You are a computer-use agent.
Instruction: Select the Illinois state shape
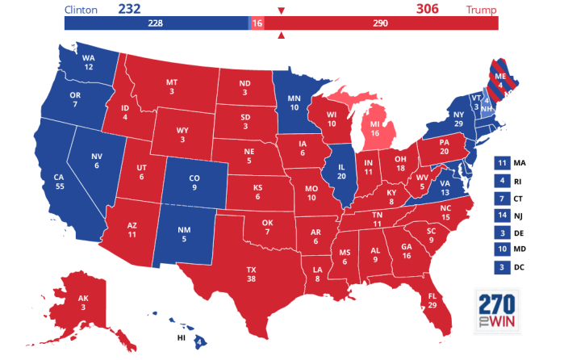pos(342,174)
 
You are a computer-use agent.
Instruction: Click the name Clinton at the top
pos(81,10)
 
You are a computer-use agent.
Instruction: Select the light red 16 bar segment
pos(257,23)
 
